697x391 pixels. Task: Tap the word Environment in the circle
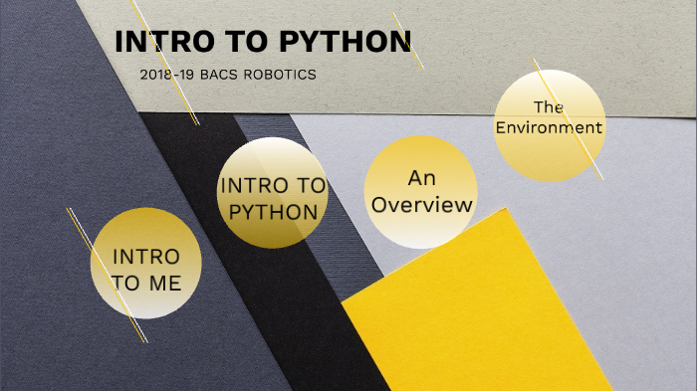tap(550, 127)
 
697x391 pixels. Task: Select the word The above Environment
tap(550, 106)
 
